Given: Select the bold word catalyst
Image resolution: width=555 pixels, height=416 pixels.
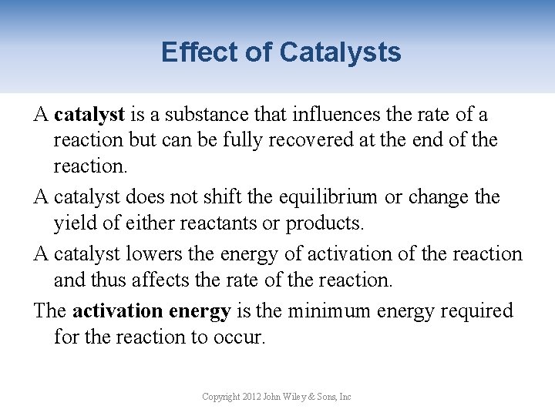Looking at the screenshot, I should pos(89,115).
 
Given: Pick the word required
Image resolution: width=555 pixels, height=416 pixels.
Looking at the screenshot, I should pos(477,310).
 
